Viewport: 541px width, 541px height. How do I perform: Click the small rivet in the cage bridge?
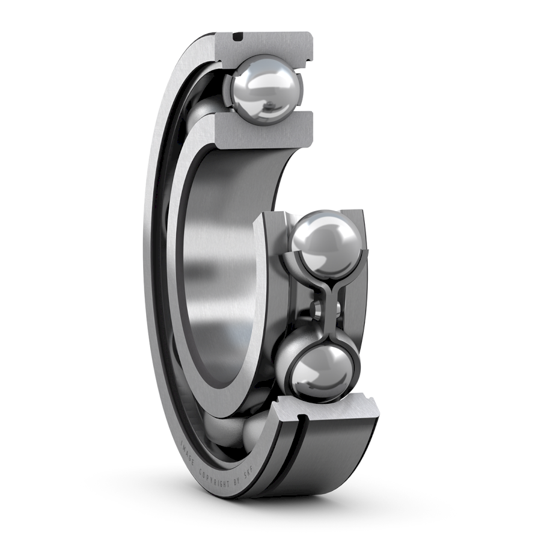[x=317, y=308]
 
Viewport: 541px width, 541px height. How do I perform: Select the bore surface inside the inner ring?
[x=228, y=265]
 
